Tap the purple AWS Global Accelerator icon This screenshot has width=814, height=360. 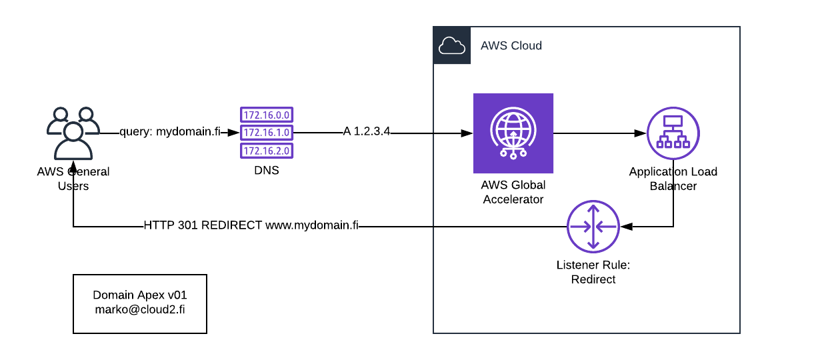click(513, 133)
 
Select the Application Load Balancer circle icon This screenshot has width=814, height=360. click(673, 133)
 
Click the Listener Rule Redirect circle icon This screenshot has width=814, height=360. click(593, 227)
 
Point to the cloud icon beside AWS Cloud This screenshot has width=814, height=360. click(452, 45)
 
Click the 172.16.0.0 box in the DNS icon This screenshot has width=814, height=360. click(267, 115)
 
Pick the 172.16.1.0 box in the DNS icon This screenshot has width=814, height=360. click(267, 133)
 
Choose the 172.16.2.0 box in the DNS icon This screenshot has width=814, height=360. click(267, 151)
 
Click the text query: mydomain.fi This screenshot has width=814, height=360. click(170, 132)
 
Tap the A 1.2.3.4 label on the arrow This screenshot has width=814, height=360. click(366, 132)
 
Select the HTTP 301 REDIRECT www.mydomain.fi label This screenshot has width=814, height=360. click(251, 225)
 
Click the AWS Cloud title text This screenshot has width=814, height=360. click(511, 46)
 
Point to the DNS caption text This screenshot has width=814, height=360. click(266, 171)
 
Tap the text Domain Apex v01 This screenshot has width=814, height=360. click(139, 295)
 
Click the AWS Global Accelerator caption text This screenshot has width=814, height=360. click(513, 192)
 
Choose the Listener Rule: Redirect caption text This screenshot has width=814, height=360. click(593, 272)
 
